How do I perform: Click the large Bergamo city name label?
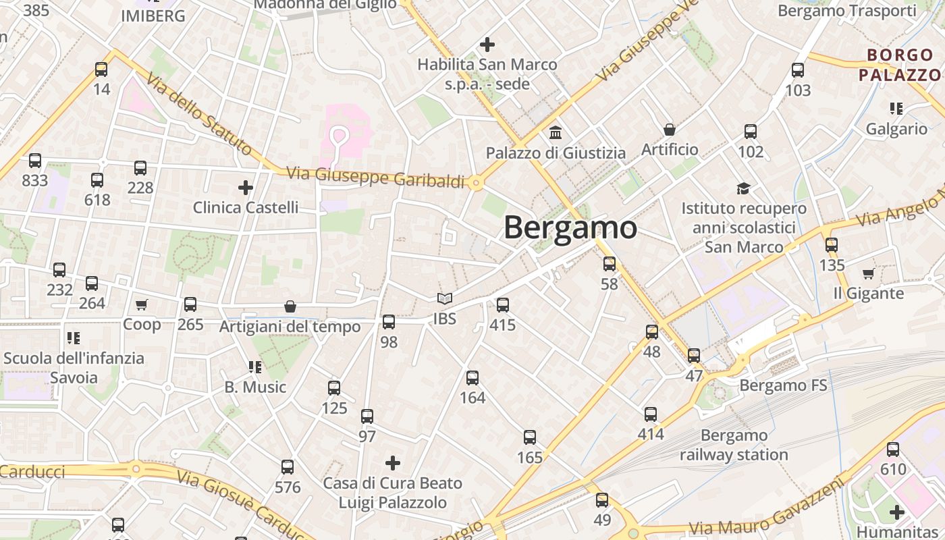click(570, 227)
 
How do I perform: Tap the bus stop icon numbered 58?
click(610, 264)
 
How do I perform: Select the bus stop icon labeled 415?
click(502, 305)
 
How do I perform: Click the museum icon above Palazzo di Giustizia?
click(556, 132)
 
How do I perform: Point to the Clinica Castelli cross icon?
click(246, 187)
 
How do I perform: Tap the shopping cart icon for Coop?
click(142, 305)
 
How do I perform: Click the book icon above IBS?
click(444, 298)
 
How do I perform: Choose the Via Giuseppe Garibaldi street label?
click(376, 178)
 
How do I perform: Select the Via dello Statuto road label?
click(199, 115)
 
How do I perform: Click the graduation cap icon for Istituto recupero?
click(743, 188)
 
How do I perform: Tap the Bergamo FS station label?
click(783, 385)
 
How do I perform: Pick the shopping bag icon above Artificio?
click(670, 129)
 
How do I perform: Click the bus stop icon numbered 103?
click(798, 70)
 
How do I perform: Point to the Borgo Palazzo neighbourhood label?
click(899, 65)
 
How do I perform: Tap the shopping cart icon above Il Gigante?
click(868, 273)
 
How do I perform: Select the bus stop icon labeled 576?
click(288, 466)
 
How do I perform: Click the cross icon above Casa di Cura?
click(393, 463)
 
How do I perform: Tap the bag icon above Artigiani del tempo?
click(290, 306)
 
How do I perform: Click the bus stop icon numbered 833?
click(35, 161)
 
